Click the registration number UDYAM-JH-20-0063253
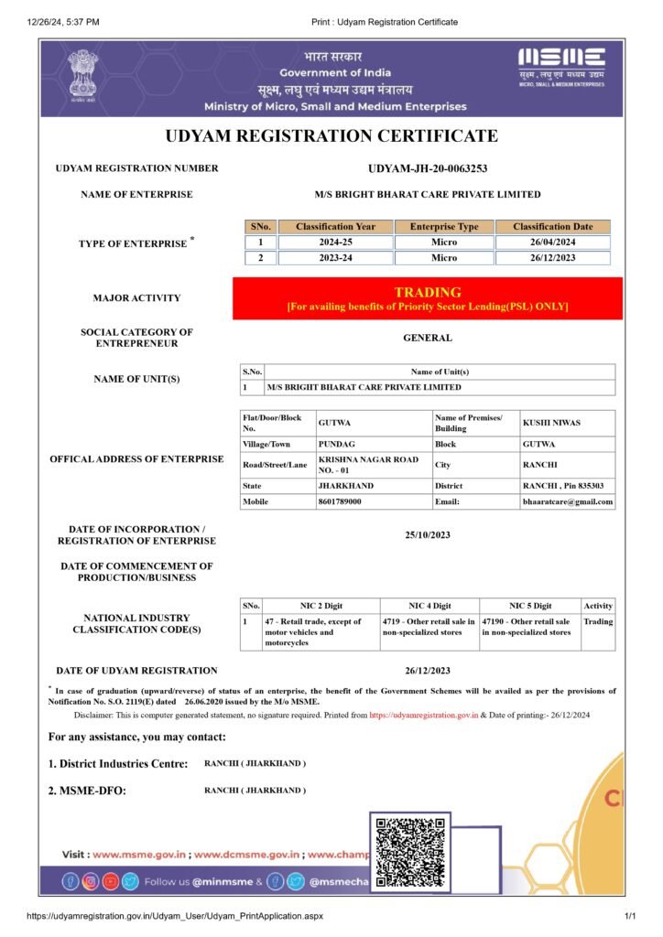coord(427,168)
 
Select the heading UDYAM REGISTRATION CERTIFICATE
coord(331,136)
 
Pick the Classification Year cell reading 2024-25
coord(335,242)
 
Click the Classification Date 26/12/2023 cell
coord(552,258)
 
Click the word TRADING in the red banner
coord(427,292)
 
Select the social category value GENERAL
coord(428,338)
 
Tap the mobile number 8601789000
coord(339,501)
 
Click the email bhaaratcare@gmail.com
coord(568,501)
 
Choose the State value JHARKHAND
coord(345,486)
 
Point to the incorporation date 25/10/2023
coord(428,535)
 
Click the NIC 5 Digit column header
coord(530,606)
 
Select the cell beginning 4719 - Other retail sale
coord(429,627)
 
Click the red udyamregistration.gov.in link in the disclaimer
coord(424,715)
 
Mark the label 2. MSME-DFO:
coord(88,791)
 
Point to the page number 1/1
coord(630,916)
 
